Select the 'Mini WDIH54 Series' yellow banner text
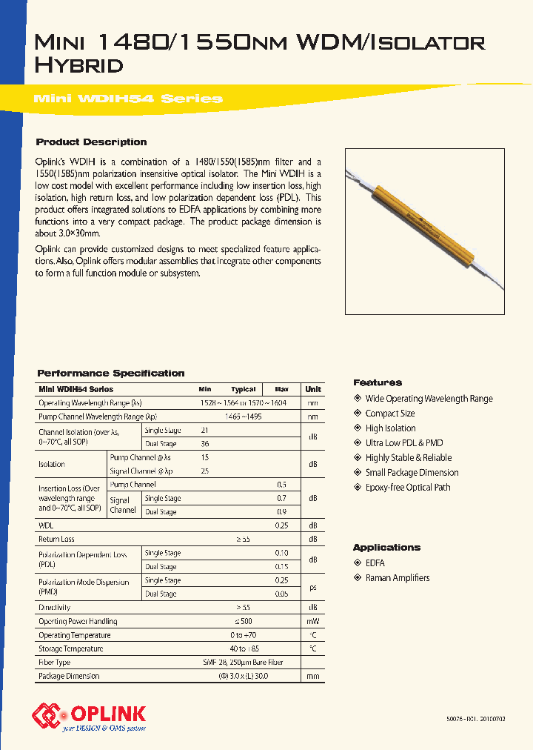point(129,99)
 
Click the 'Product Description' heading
point(92,142)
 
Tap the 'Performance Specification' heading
point(111,374)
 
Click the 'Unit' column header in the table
point(313,389)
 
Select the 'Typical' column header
point(243,389)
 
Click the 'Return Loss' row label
point(56,540)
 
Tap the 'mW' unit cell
point(313,621)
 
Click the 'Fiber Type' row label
point(55,662)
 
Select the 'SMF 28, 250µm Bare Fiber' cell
point(243,662)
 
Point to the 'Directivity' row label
point(54,607)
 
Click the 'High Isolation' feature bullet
point(390,428)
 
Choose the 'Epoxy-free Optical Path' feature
point(407,488)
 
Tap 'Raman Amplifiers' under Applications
point(397,578)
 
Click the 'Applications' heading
point(386,548)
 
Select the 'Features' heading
point(378,383)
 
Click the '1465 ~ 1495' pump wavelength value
point(243,417)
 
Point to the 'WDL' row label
point(46,525)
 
